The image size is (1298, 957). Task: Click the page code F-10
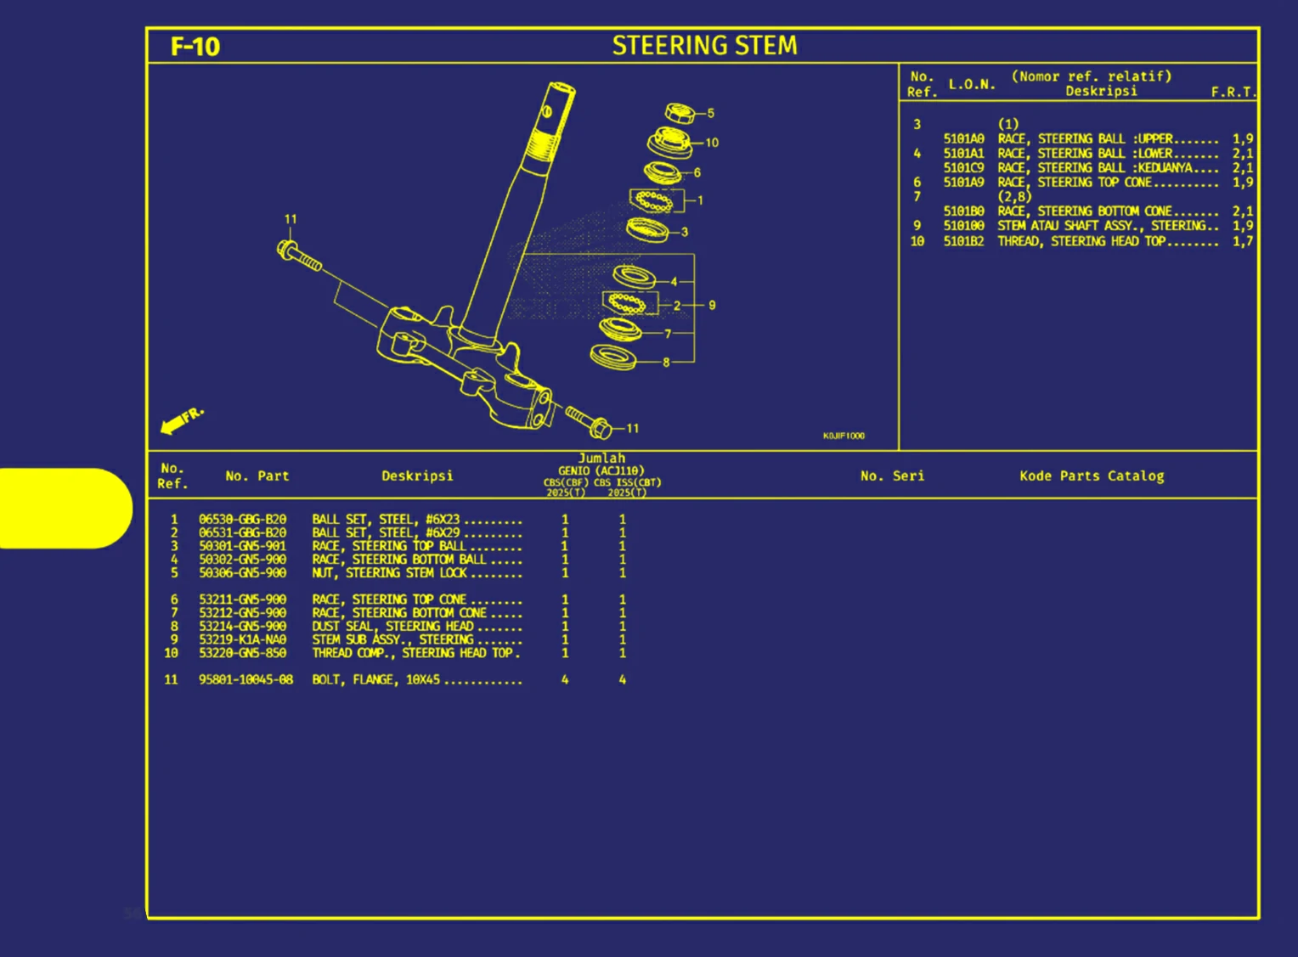195,46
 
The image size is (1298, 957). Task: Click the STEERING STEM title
704,46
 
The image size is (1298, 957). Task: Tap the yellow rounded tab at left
64,508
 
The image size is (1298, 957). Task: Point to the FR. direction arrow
181,419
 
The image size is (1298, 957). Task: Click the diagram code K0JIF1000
843,436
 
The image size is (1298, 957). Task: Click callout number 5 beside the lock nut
711,113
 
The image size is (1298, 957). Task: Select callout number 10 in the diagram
712,143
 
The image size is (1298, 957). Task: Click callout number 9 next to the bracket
712,305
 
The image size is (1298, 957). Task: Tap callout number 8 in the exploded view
666,363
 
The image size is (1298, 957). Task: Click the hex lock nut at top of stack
679,112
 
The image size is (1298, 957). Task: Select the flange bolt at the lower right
588,421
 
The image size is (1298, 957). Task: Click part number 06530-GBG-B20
242,519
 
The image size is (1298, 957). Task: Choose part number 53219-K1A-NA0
242,639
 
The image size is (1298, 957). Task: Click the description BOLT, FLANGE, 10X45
375,679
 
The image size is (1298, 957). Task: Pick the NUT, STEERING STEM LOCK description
389,573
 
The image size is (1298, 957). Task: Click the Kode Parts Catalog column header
1092,476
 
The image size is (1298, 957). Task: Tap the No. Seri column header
892,476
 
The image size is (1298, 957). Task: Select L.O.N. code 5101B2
963,241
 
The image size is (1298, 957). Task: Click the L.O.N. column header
972,84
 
